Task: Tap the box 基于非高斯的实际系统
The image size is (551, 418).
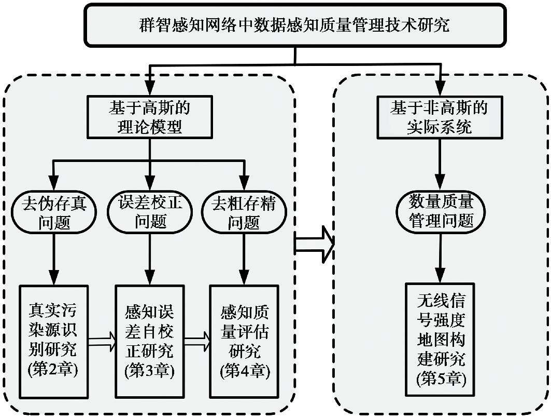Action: (x=439, y=117)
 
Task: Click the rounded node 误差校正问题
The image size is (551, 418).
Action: (x=150, y=212)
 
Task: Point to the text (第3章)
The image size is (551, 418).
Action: (x=150, y=371)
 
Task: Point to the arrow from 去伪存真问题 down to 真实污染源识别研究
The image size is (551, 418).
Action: (x=53, y=257)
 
